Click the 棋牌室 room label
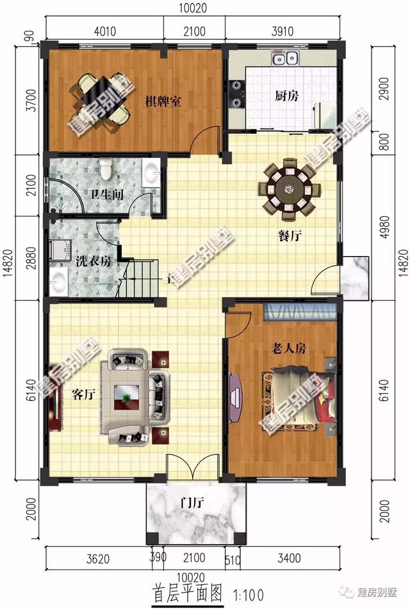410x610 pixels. pyautogui.click(x=162, y=102)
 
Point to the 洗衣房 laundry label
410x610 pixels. pyautogui.click(x=94, y=261)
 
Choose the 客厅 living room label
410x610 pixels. pyautogui.click(x=83, y=394)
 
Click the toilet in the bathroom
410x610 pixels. pyautogui.click(x=106, y=170)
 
